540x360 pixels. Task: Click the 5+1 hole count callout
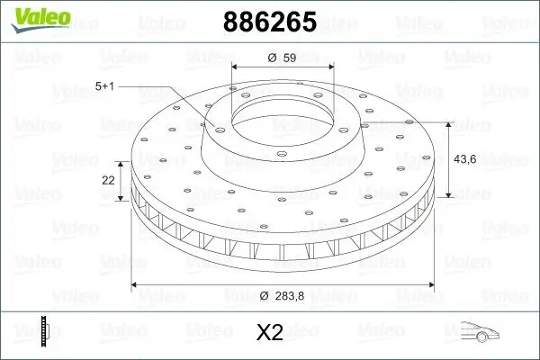(105, 85)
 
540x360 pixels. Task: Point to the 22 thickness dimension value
(108, 180)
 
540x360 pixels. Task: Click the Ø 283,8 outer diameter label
(279, 297)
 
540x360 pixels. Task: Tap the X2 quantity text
(270, 333)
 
